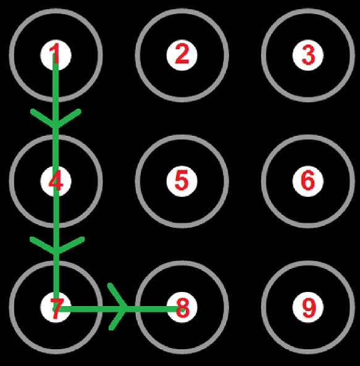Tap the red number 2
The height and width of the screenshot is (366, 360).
pyautogui.click(x=182, y=54)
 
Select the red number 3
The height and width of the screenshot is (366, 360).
pyautogui.click(x=308, y=55)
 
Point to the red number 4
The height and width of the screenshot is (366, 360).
pyautogui.click(x=56, y=180)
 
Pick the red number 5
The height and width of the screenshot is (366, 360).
pyautogui.click(x=182, y=180)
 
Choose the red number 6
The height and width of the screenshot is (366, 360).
pyautogui.click(x=308, y=180)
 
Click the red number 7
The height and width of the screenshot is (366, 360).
pyautogui.click(x=57, y=309)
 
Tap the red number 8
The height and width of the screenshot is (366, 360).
pyautogui.click(x=183, y=308)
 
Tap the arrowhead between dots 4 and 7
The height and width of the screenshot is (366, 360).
pyautogui.click(x=56, y=246)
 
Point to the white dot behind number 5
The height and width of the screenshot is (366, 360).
pyautogui.click(x=182, y=181)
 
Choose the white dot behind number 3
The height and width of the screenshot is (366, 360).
pyautogui.click(x=308, y=55)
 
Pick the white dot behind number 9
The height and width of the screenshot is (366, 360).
pyautogui.click(x=308, y=307)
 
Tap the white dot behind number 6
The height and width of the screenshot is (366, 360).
pyautogui.click(x=308, y=181)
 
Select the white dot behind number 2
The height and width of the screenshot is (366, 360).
pyautogui.click(x=182, y=55)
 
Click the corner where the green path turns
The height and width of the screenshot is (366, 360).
pyautogui.click(x=56, y=309)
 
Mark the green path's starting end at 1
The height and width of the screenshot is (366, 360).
pyautogui.click(x=56, y=54)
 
